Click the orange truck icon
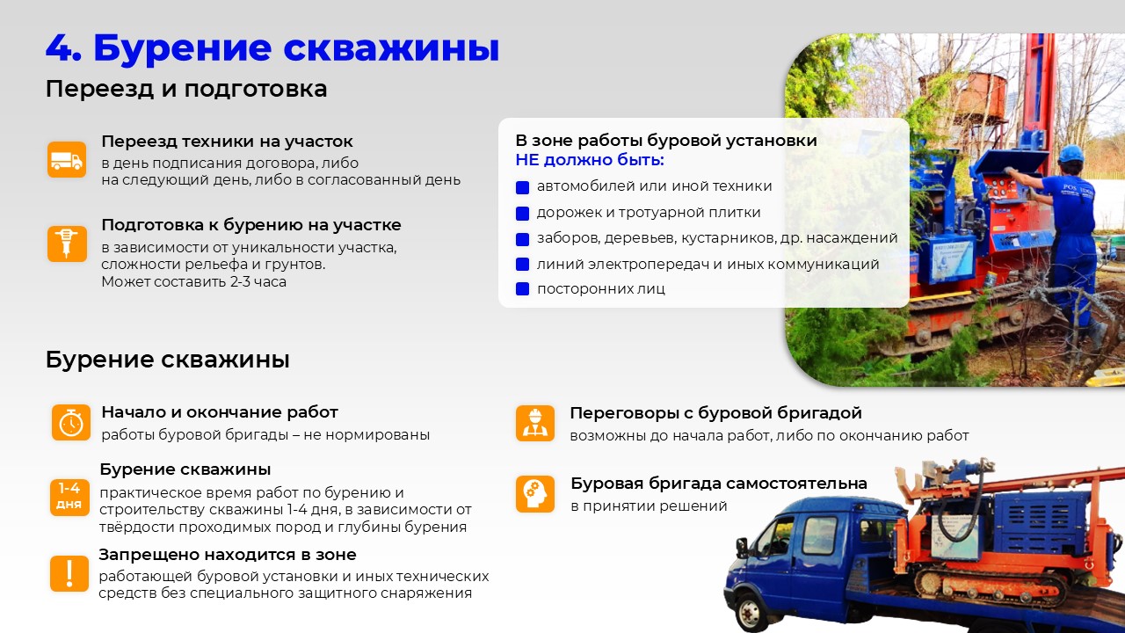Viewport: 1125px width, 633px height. tap(67, 160)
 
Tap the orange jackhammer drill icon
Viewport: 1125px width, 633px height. tap(67, 244)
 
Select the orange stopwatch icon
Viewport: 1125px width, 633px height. tap(71, 423)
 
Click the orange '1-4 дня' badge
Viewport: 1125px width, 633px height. tap(69, 498)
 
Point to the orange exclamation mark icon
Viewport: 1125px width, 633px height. tap(69, 573)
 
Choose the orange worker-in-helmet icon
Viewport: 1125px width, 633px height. tap(535, 424)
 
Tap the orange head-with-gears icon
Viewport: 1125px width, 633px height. tap(535, 494)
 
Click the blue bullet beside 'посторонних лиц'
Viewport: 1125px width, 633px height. tap(522, 289)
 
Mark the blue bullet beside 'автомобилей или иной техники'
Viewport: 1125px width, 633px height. tap(522, 187)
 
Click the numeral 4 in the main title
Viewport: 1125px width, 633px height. tap(62, 48)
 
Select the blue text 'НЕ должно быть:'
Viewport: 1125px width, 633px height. tap(590, 160)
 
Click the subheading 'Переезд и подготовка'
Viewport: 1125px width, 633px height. tap(185, 90)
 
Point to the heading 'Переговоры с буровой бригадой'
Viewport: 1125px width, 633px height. tap(715, 413)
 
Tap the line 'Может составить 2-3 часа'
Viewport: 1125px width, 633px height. tap(194, 281)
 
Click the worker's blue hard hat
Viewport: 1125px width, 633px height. tap(1071, 154)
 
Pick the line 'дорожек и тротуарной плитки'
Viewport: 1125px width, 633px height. tap(649, 213)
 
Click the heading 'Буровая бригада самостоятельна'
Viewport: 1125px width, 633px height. tap(719, 484)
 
